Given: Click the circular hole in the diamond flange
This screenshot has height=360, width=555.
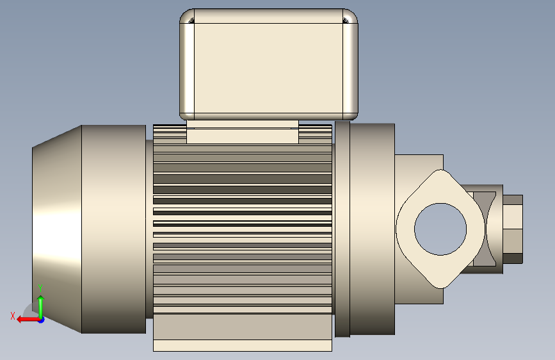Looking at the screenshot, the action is click(x=440, y=229).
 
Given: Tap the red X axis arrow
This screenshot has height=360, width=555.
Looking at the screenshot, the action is click(x=28, y=320).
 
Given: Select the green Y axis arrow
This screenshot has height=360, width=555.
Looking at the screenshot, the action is click(x=41, y=307).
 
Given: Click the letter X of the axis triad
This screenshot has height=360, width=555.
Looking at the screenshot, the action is click(x=13, y=316).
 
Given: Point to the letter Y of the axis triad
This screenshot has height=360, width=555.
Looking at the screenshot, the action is click(x=40, y=288).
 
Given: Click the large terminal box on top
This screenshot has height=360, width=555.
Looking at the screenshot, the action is click(x=269, y=64).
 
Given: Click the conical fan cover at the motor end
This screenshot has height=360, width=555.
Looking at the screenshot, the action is click(x=57, y=229).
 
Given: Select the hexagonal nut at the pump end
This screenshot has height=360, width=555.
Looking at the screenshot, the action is click(x=513, y=229).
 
